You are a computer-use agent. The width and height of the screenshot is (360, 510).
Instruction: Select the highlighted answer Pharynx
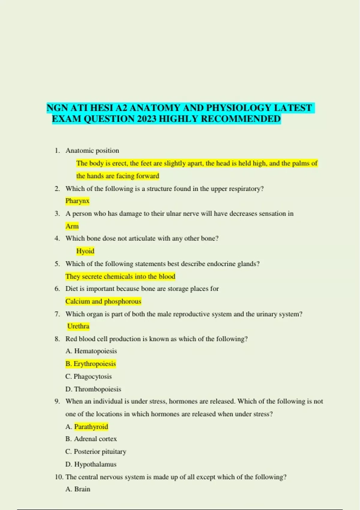(77, 201)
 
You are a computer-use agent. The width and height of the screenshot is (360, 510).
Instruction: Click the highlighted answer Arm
(72, 226)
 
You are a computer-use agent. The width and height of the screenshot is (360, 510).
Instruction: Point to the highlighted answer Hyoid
(85, 251)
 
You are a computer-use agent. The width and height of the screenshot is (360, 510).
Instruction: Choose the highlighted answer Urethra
(78, 326)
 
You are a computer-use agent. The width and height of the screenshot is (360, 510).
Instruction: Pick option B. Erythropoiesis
(91, 364)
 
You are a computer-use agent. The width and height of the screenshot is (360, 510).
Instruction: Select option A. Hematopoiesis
(91, 351)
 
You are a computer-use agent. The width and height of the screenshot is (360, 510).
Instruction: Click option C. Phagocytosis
(88, 376)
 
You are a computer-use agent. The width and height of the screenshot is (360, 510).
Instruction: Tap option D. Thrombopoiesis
(93, 389)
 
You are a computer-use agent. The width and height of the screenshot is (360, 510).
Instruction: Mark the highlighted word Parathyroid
(91, 427)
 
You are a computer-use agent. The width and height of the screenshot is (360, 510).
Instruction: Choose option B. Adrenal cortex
(91, 439)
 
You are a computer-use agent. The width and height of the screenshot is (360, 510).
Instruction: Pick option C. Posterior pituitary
(96, 451)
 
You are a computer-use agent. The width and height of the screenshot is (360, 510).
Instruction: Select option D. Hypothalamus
(91, 464)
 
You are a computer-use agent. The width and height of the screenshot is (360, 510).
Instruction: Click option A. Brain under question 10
(78, 489)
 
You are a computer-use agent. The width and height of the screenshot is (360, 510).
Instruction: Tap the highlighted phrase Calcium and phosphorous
(103, 301)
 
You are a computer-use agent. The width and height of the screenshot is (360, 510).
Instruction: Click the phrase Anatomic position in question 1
(92, 151)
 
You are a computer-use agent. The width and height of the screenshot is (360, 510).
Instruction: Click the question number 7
(57, 314)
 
